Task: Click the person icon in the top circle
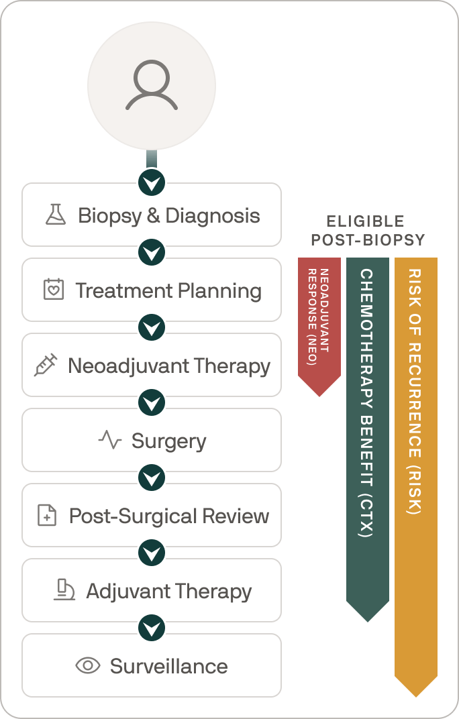[x=152, y=85]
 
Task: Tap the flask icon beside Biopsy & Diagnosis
[x=55, y=215]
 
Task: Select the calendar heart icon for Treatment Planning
[x=52, y=290]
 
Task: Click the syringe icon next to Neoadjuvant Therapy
[x=45, y=366]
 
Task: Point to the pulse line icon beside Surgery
[x=110, y=441]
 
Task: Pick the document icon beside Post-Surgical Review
[x=47, y=516]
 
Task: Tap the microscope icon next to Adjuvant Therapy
[x=64, y=591]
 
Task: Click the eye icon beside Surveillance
[x=88, y=666]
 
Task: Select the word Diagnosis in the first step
[x=213, y=215]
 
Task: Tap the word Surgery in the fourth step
[x=168, y=441]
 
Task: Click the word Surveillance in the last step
[x=169, y=666]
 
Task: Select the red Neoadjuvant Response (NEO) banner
[x=319, y=322]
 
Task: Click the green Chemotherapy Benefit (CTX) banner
[x=368, y=429]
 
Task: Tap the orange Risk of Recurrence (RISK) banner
[x=416, y=469]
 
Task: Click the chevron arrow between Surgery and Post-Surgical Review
[x=152, y=478]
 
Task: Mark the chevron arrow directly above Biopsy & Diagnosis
[x=152, y=182]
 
